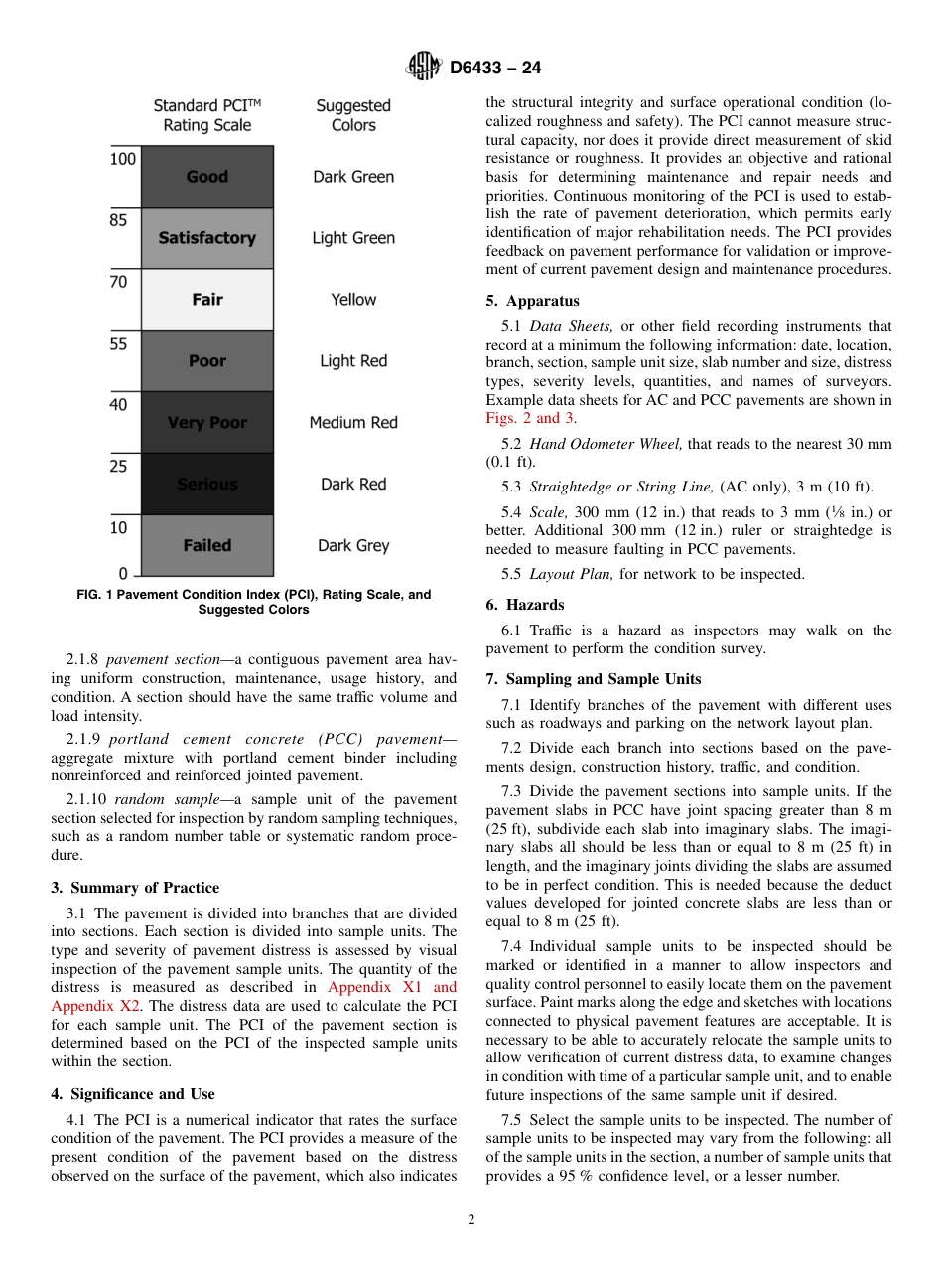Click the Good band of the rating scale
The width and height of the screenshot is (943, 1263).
tap(206, 177)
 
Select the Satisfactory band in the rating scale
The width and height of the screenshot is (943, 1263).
tap(206, 238)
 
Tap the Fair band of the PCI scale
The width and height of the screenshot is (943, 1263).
tap(206, 300)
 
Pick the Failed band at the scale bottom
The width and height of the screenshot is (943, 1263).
tap(206, 545)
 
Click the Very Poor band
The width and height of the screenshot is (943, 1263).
tap(206, 423)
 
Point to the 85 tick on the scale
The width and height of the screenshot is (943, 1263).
tap(118, 221)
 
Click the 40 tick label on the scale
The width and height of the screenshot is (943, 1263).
tap(118, 405)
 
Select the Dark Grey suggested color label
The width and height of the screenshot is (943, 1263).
tap(353, 545)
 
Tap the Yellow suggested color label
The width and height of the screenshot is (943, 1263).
tap(353, 300)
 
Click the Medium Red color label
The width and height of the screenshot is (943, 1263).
tap(353, 423)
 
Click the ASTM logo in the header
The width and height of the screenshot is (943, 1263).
tap(424, 69)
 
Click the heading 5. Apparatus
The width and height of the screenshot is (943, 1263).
tap(532, 301)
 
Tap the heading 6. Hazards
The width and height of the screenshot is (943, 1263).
tap(525, 605)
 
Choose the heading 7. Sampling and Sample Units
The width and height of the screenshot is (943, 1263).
tap(594, 679)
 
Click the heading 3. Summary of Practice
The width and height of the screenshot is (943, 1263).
tap(135, 888)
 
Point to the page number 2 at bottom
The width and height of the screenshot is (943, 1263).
tap(471, 1220)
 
